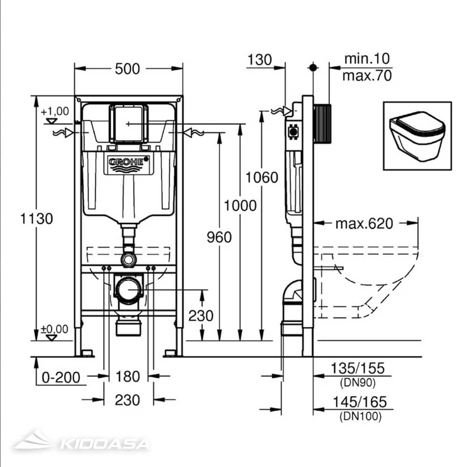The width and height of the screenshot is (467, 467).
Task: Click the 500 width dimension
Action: tap(127, 69)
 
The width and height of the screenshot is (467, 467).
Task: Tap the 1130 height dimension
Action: tap(35, 218)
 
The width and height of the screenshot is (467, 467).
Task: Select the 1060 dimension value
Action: tap(262, 177)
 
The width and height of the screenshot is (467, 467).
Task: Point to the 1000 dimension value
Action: tap(240, 205)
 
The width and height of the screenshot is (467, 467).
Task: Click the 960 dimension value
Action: tap(219, 237)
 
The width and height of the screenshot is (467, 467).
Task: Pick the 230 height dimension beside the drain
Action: tap(201, 316)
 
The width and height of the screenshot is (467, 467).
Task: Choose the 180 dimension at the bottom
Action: tap(127, 376)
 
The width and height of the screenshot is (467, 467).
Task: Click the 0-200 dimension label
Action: tap(61, 376)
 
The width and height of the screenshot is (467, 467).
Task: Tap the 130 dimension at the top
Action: tap(259, 60)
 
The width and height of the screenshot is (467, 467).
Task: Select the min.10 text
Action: tap(367, 59)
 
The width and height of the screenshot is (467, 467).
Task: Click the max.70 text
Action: tap(367, 76)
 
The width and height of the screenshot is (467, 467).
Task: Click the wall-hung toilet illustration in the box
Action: tap(417, 135)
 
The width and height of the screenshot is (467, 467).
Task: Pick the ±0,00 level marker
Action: tap(54, 329)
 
